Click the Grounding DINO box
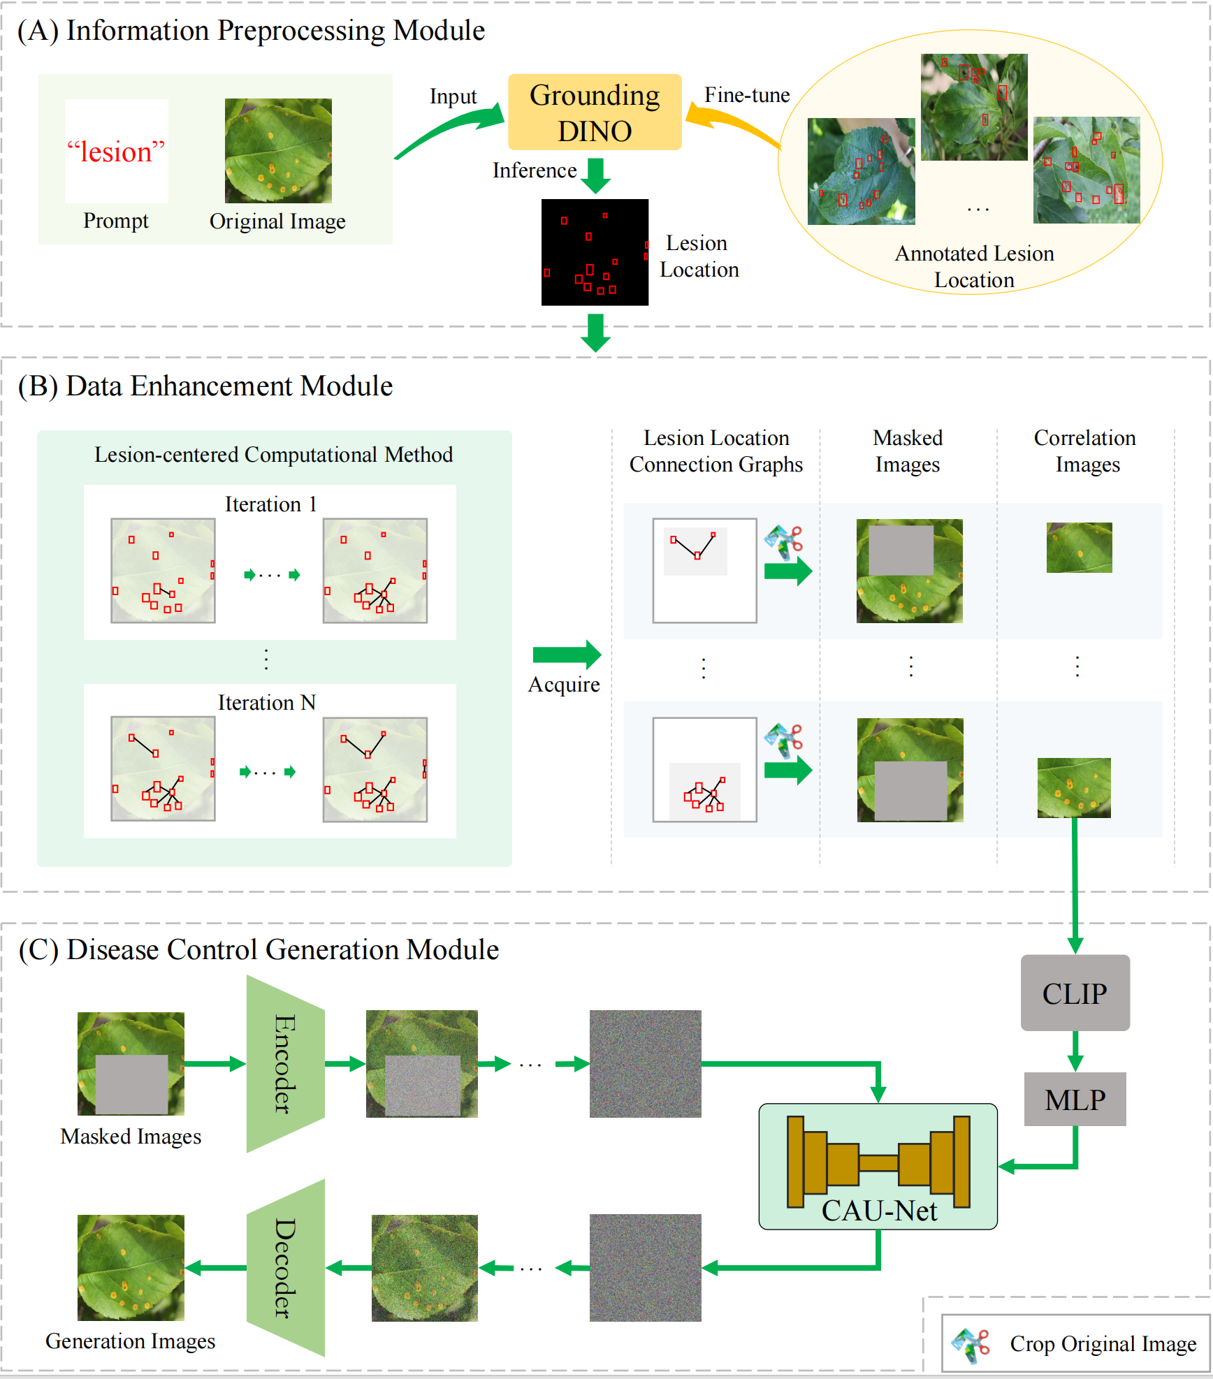[595, 112]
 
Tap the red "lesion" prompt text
[116, 152]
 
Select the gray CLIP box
[1075, 993]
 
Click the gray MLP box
[1075, 1099]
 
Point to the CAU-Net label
[879, 1211]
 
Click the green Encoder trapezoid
[286, 1064]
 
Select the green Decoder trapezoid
[286, 1268]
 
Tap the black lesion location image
[595, 252]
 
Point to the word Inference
[535, 170]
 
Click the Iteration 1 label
[270, 504]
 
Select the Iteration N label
[267, 702]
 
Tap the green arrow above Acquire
[567, 655]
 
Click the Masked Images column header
[908, 451]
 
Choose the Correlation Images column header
[1085, 451]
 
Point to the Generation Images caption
[131, 1341]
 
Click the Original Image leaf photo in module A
[278, 151]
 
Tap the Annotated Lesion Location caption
[975, 266]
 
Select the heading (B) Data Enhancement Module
[205, 386]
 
